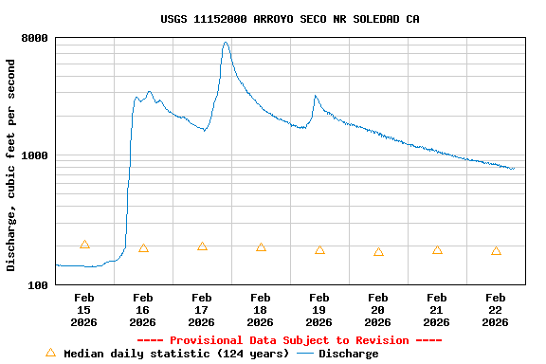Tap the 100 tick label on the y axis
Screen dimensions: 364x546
click(39, 285)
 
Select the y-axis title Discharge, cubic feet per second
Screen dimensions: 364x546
click(11, 165)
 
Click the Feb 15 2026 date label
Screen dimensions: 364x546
click(84, 310)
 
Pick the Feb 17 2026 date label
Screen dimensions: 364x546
click(202, 310)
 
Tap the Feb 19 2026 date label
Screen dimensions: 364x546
click(319, 310)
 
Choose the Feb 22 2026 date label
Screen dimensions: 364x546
click(496, 310)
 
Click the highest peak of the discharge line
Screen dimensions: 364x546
click(226, 42)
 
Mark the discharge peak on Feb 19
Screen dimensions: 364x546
click(316, 96)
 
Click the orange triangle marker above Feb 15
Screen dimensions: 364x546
click(84, 245)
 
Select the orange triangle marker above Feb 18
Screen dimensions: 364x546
click(261, 247)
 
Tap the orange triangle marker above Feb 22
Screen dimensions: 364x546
click(496, 251)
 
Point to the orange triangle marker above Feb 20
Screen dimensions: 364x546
click(378, 252)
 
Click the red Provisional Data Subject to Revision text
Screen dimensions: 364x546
click(290, 340)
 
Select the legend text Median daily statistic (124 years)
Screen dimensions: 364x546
click(176, 354)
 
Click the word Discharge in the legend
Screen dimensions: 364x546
click(348, 354)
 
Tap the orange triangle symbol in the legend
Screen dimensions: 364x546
click(50, 353)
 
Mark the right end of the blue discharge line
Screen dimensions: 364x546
click(514, 169)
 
